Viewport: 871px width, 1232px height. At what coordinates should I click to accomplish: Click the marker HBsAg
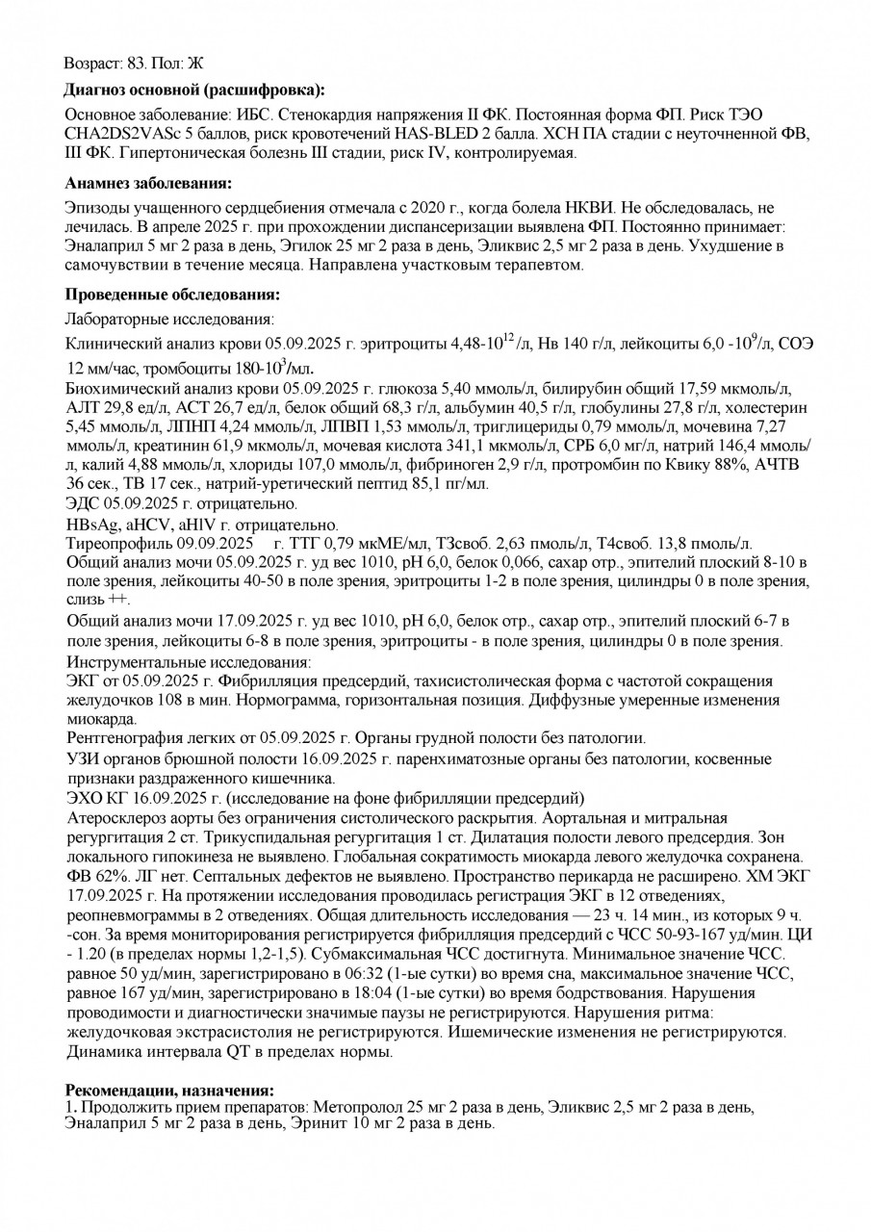[90, 525]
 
